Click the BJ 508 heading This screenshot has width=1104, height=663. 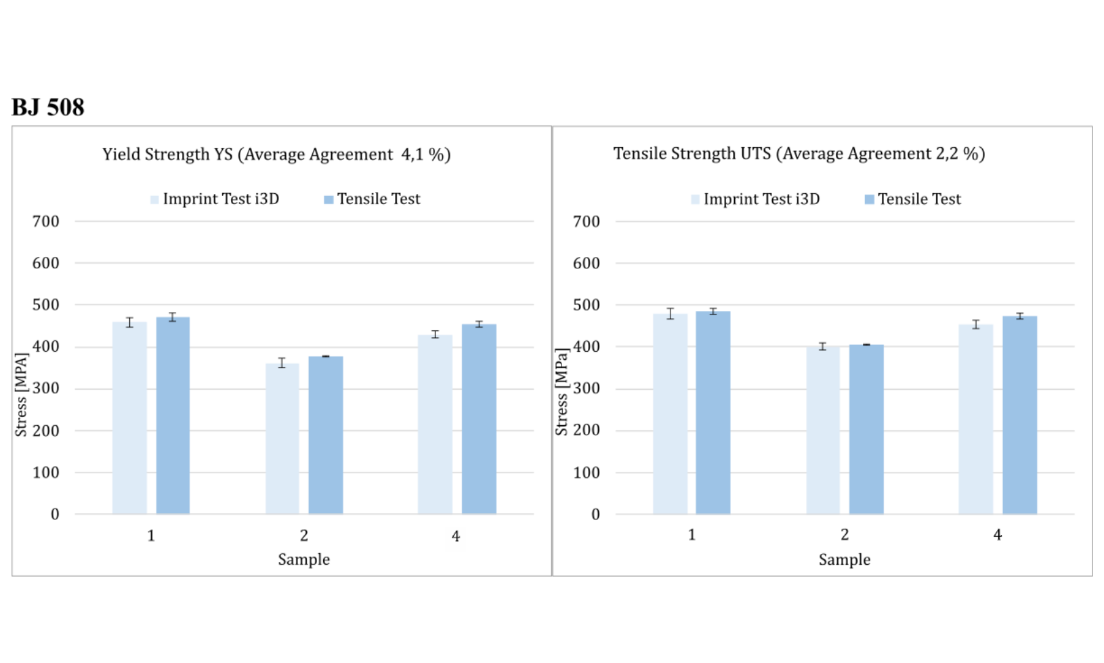(x=48, y=107)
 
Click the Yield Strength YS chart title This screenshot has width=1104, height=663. (x=276, y=155)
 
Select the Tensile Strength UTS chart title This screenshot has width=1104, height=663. (x=799, y=154)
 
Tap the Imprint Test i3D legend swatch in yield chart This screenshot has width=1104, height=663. (x=154, y=199)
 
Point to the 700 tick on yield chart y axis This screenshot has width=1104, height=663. (x=45, y=222)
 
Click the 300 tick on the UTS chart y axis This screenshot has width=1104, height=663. (x=586, y=388)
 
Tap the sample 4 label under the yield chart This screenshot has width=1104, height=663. (x=456, y=536)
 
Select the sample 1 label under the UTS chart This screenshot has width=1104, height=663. (x=692, y=535)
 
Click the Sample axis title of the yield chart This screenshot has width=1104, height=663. (x=303, y=560)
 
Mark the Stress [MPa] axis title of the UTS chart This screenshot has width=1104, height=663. (x=561, y=391)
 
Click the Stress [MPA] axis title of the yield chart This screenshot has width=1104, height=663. (x=21, y=394)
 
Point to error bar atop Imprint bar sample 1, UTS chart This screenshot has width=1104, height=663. (x=671, y=313)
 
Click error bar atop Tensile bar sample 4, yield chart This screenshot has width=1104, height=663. (x=479, y=324)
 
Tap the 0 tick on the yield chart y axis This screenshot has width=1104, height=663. (x=55, y=515)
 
